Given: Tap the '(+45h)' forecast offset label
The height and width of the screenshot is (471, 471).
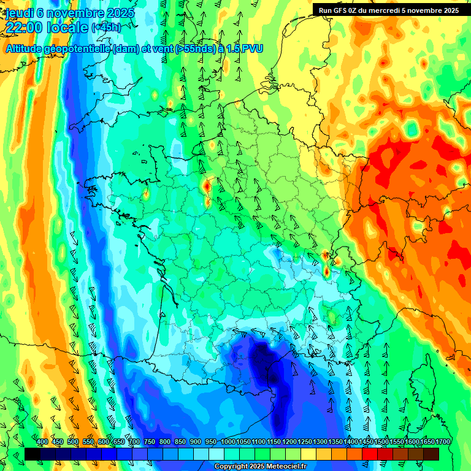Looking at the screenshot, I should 106,28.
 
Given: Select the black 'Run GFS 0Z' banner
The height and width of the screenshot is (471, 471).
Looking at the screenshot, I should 389,10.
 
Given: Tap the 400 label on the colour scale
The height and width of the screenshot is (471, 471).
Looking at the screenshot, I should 42,442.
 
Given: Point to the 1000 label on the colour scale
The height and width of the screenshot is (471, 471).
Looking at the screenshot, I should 228,442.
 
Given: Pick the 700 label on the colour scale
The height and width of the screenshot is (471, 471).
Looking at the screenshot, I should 134,442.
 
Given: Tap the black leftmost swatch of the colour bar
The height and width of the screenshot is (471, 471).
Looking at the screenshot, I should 33,454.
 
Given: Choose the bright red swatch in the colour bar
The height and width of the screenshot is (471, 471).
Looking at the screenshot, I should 370,454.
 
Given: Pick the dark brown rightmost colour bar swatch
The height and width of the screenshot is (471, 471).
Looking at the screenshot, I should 431,454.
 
